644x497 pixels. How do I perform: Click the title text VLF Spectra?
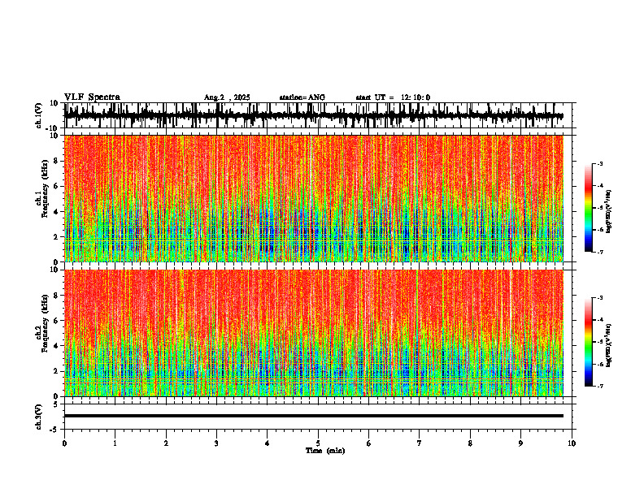click(92, 97)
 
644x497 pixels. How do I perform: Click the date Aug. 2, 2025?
click(227, 97)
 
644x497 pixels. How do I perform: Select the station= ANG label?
click(302, 97)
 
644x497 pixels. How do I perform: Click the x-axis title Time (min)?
click(324, 451)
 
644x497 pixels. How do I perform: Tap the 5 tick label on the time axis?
click(318, 443)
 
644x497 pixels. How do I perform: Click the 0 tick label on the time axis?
click(64, 443)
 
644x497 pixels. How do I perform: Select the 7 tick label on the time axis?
click(420, 443)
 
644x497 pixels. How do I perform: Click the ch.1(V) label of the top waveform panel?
click(38, 116)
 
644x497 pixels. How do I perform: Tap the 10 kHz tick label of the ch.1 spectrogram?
click(54, 136)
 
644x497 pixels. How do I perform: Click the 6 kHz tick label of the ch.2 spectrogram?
click(56, 321)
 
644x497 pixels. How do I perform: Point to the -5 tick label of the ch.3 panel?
click(54, 428)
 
